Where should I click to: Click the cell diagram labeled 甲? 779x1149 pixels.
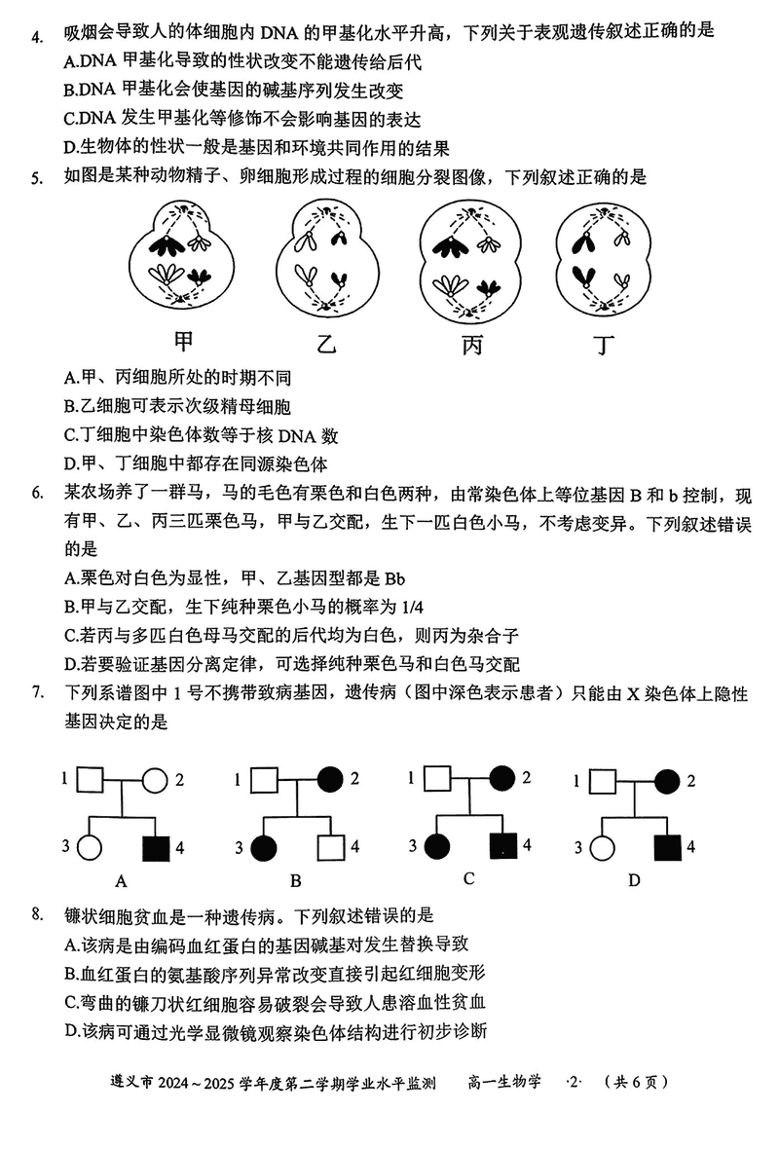tap(182, 256)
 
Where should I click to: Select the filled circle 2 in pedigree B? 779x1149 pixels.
tap(328, 779)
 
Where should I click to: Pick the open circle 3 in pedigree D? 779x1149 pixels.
tap(603, 847)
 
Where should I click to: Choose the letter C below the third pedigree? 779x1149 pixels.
tap(468, 878)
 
